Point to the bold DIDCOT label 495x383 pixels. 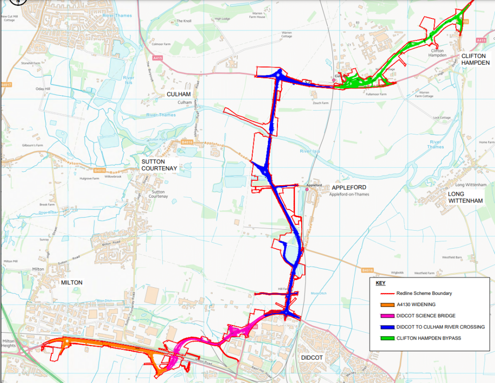312,357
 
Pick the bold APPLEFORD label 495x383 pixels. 349,187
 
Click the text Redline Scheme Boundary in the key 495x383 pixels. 424,293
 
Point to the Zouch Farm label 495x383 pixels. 320,103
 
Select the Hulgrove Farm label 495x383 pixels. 89,178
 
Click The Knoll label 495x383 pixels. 184,21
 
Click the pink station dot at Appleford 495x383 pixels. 307,189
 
